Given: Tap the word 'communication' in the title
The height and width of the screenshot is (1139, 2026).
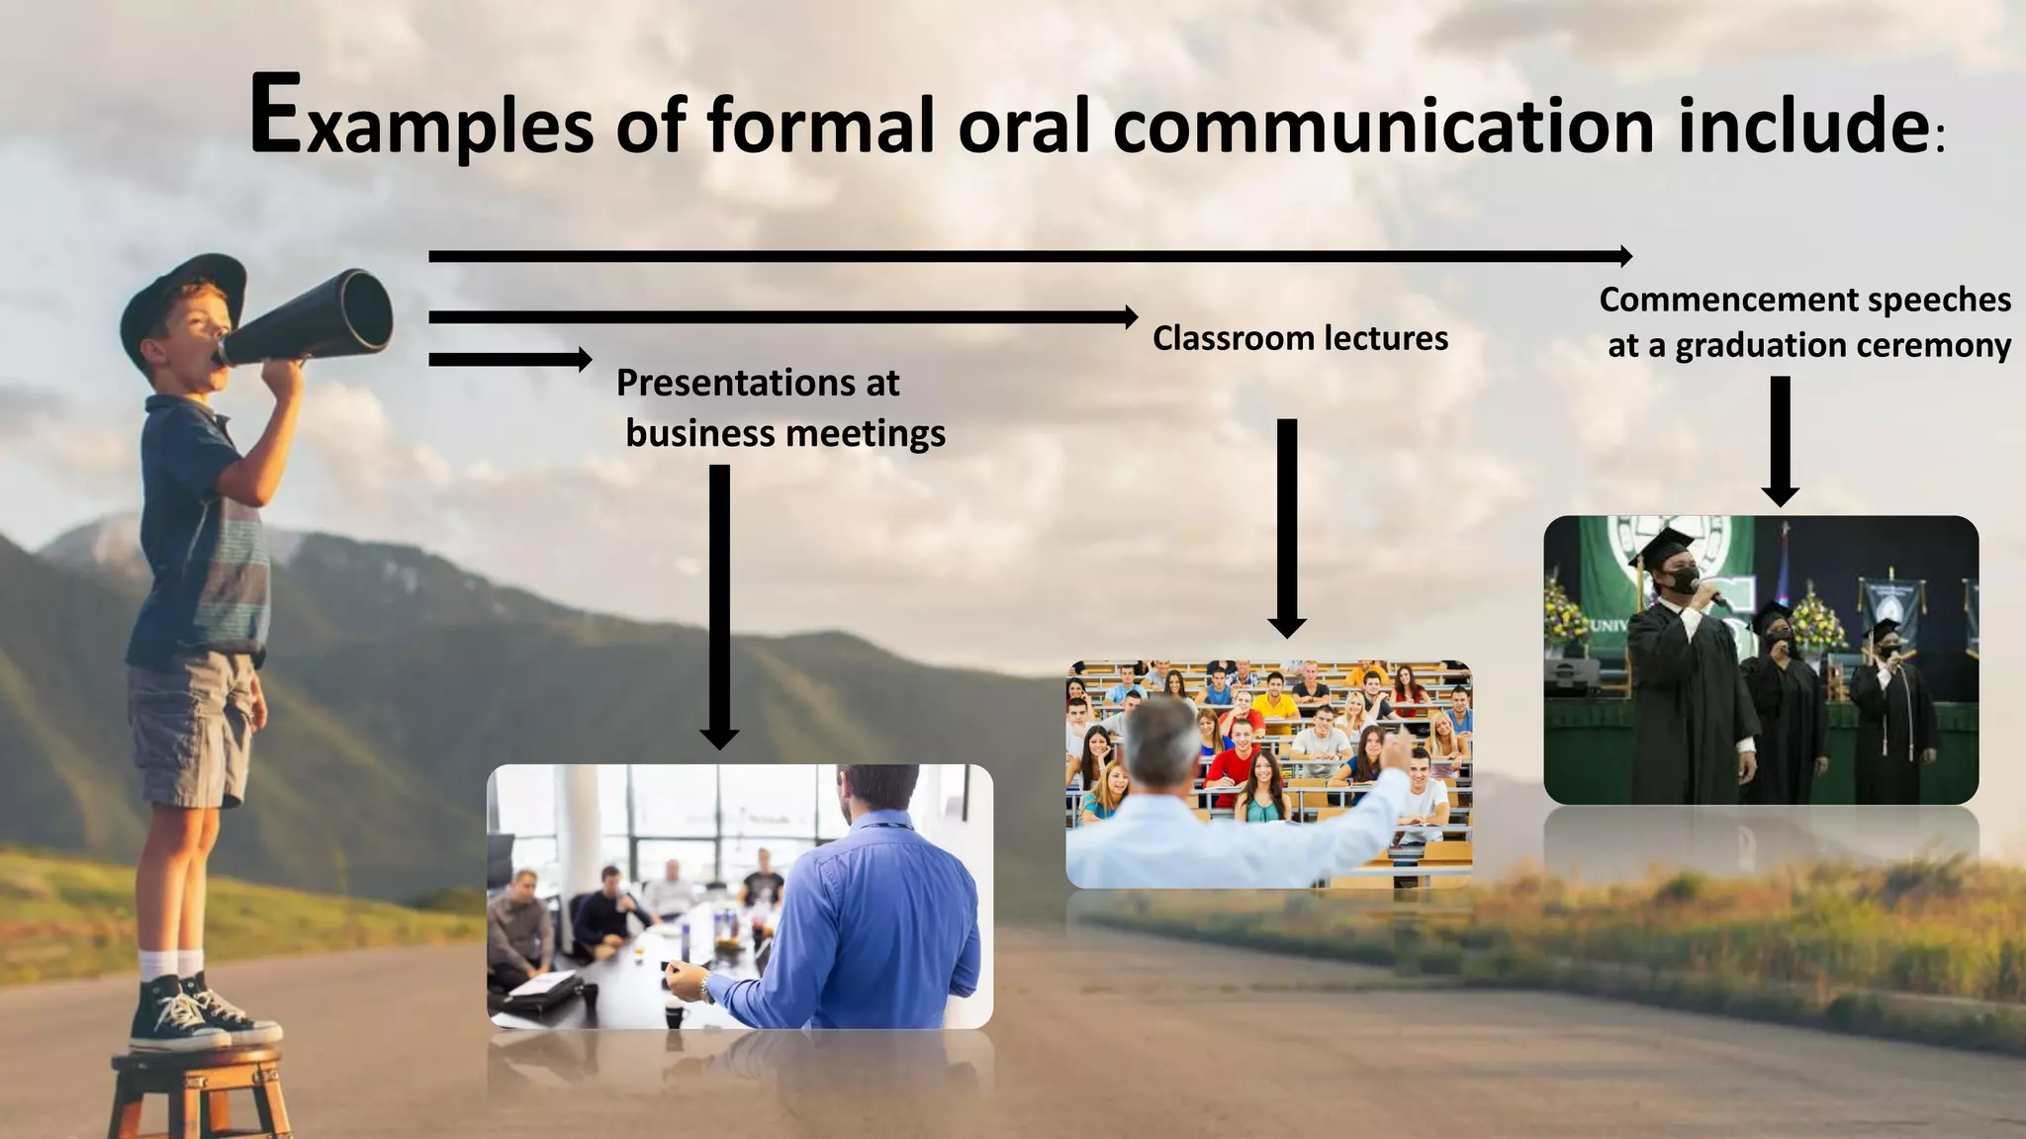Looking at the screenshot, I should tap(1383, 127).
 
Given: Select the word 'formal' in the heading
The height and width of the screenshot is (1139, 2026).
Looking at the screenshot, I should tap(820, 127).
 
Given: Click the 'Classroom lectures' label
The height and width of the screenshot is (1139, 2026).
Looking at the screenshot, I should tap(1300, 338).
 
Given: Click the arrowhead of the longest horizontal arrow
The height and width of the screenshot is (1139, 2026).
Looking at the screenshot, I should tap(1624, 256).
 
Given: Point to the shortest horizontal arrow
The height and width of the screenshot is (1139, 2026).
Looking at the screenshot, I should tap(509, 359).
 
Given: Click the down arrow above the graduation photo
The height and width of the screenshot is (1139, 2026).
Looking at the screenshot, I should tap(1780, 440).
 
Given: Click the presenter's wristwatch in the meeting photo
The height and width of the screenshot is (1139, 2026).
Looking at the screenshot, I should tap(705, 986).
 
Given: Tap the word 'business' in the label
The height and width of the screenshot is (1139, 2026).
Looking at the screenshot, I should tap(700, 433).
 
